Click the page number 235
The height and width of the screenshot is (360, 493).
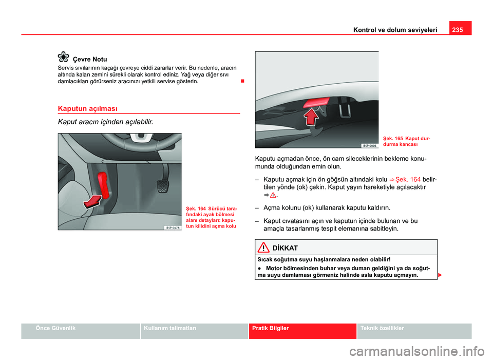coord(459,30)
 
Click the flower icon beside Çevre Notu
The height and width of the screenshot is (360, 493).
coord(64,58)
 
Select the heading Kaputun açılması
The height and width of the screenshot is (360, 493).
coord(88,108)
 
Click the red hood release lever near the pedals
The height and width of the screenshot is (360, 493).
coord(102,182)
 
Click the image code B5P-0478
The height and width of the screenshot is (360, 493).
coord(172,227)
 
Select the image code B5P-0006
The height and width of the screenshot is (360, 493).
coord(369,145)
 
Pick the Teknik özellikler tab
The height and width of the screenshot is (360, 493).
coord(382,328)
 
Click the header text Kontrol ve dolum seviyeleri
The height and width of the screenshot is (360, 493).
coord(395,30)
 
